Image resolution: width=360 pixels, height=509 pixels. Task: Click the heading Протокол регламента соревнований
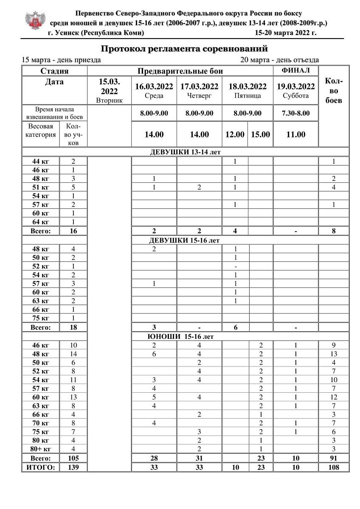click(x=185, y=48)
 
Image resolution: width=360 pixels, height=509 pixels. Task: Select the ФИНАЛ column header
click(x=296, y=70)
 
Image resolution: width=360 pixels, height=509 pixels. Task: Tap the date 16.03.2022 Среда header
click(x=154, y=91)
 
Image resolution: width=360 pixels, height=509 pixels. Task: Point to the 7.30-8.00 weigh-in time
click(x=296, y=113)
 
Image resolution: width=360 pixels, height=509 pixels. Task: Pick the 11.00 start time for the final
click(x=296, y=134)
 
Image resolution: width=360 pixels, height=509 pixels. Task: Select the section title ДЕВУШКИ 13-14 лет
click(x=186, y=152)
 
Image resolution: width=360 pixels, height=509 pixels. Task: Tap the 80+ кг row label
click(x=41, y=449)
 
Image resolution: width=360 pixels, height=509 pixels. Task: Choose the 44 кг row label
click(x=41, y=161)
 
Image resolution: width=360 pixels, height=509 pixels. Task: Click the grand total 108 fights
click(x=334, y=467)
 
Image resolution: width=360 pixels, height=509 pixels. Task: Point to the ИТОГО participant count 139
click(x=73, y=467)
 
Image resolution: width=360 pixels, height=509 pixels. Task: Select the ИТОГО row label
click(x=41, y=467)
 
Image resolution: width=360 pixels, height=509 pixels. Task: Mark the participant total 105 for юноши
click(x=73, y=459)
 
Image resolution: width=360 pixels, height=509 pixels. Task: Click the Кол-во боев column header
click(x=334, y=91)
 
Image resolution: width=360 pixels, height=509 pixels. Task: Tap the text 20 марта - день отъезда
click(x=279, y=60)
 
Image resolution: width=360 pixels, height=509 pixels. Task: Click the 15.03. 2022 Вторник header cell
click(x=109, y=91)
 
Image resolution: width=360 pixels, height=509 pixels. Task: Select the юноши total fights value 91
click(x=334, y=459)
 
